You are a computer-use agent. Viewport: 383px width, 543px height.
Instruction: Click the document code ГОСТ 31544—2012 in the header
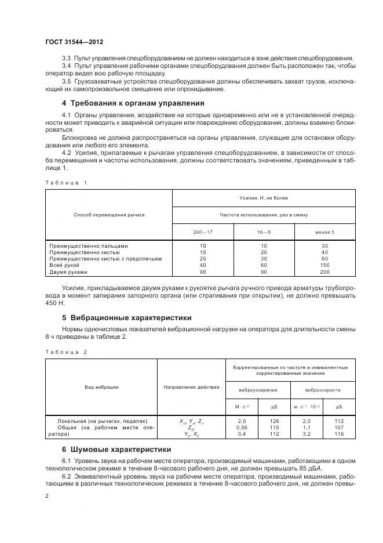pyautogui.click(x=74, y=42)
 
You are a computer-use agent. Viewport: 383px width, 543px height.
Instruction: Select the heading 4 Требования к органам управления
pyautogui.click(x=133, y=103)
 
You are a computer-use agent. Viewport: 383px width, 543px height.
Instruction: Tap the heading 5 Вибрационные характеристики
pyautogui.click(x=126, y=318)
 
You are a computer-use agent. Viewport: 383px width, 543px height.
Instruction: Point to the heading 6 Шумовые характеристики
pyautogui.click(x=116, y=449)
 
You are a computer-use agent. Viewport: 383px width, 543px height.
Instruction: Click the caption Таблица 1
pyautogui.click(x=65, y=183)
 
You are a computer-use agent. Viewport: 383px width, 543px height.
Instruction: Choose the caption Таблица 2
pyautogui.click(x=65, y=352)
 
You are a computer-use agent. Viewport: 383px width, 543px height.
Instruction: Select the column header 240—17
pyautogui.click(x=203, y=232)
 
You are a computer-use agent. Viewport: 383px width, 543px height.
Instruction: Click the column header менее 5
pyautogui.click(x=324, y=232)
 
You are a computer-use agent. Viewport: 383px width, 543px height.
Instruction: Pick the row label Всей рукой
pyautogui.click(x=65, y=265)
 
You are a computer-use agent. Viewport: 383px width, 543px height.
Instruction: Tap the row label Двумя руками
pyautogui.click(x=68, y=272)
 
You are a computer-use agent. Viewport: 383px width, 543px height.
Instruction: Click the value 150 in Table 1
pyautogui.click(x=324, y=265)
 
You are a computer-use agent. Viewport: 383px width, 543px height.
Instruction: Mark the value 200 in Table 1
pyautogui.click(x=324, y=272)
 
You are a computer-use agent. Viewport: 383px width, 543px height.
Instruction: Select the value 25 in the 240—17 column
pyautogui.click(x=203, y=259)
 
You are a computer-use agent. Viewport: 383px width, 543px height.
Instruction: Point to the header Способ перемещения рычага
pyautogui.click(x=109, y=215)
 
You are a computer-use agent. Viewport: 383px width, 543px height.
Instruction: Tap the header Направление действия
pyautogui.click(x=191, y=386)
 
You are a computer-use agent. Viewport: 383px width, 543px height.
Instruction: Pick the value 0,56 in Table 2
pyautogui.click(x=242, y=427)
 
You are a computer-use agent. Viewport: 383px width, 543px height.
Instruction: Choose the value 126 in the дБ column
pyautogui.click(x=274, y=421)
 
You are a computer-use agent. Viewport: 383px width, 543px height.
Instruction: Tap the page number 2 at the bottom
pyautogui.click(x=47, y=496)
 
